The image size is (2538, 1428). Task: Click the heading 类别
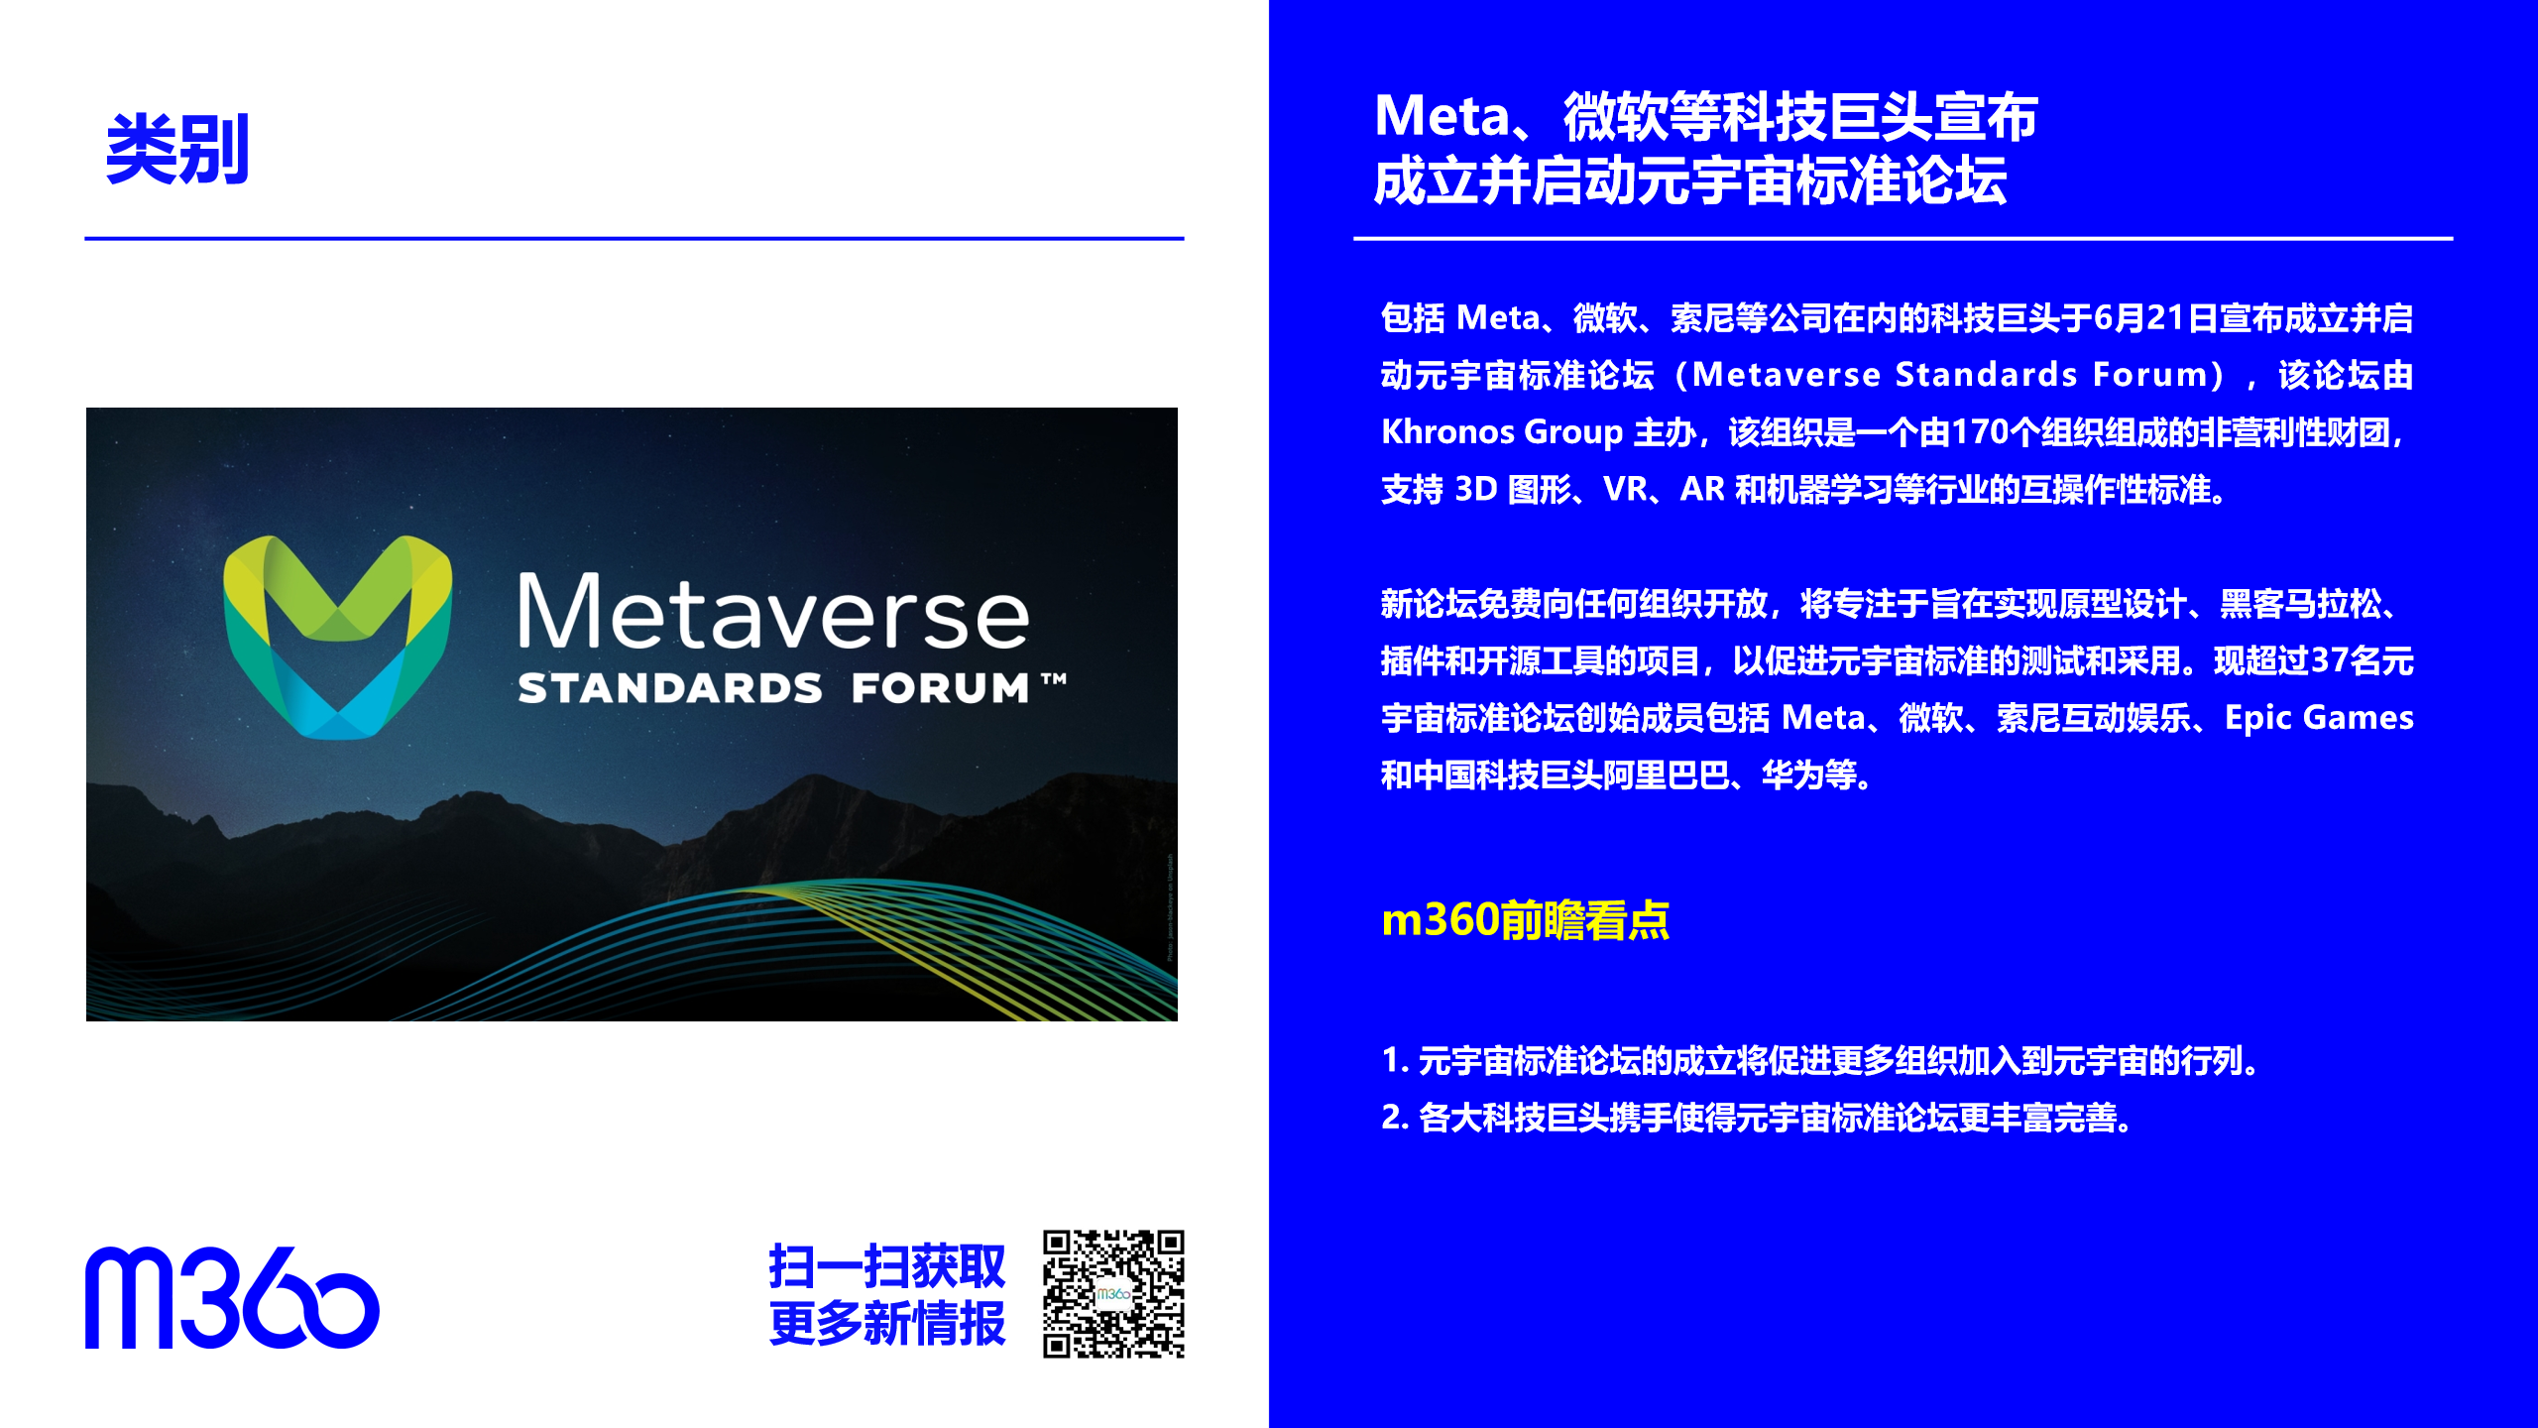177,149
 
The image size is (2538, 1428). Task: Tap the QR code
1113,1294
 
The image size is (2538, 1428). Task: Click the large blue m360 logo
232,1297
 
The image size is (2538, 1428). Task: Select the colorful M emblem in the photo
338,637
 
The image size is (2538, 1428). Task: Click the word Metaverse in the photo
773,612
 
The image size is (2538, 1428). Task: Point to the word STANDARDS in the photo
670,688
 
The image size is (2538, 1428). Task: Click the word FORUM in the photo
940,688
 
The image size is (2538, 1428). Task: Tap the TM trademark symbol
1054,679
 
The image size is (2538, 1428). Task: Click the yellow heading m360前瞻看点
1526,920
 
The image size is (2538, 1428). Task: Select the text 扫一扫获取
887,1266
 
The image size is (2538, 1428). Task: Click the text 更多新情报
887,1323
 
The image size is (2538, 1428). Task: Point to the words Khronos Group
1502,432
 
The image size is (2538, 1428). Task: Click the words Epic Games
2319,718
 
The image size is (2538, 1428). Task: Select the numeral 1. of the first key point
1395,1060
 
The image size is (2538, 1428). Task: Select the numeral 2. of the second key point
1395,1118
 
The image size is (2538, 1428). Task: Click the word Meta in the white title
1442,116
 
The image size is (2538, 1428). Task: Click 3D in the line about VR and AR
1475,490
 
